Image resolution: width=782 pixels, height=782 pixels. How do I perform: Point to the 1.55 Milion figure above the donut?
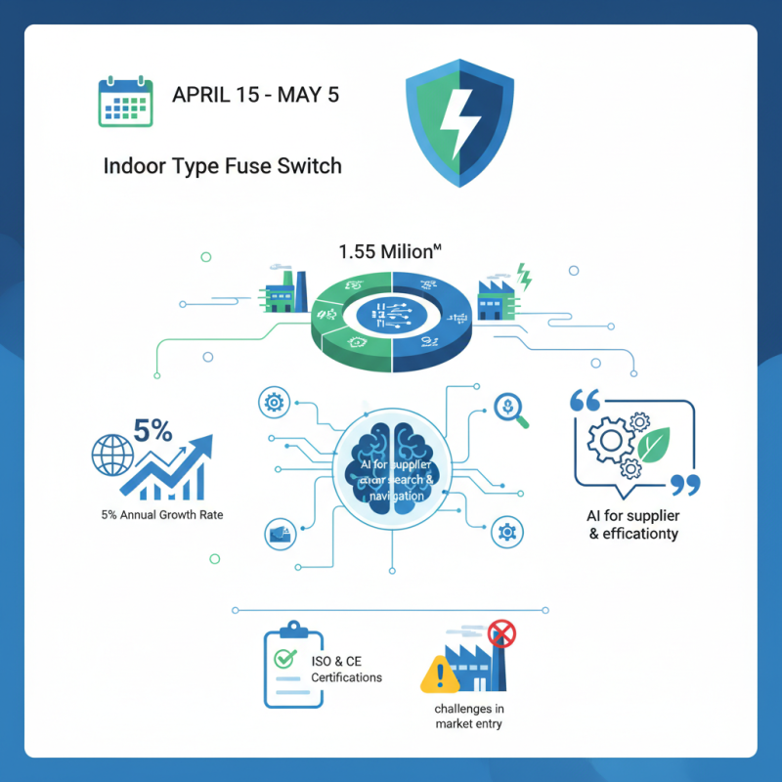point(390,251)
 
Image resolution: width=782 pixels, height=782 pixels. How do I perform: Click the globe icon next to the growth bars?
point(109,456)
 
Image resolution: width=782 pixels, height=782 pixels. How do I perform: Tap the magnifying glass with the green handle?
point(512,411)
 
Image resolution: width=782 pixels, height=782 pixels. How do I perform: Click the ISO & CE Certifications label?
point(346,670)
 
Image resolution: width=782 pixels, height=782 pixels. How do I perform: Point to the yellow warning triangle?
point(440,673)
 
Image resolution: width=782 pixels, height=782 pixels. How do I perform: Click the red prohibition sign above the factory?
point(501,634)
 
